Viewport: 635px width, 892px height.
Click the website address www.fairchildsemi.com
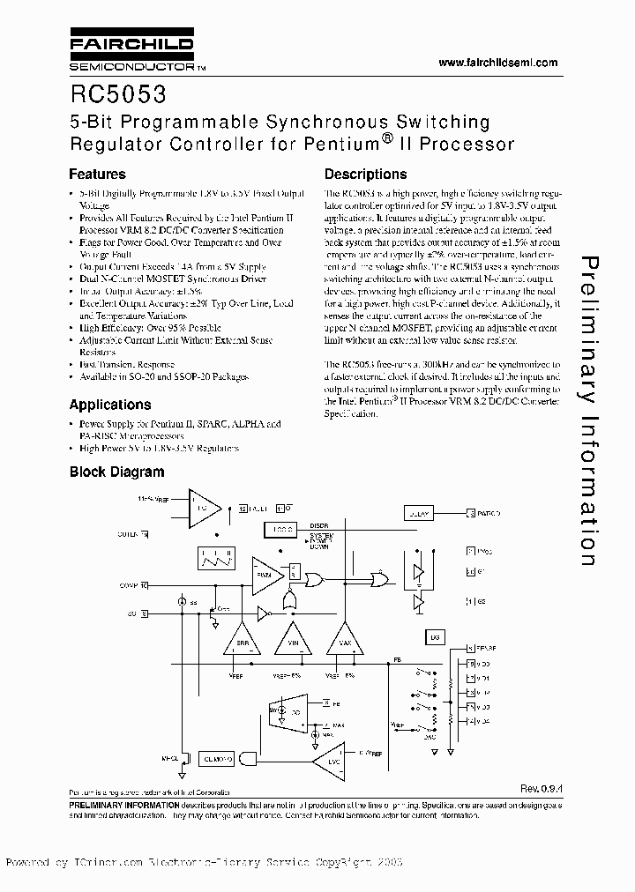(x=497, y=63)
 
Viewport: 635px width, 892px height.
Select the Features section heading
(x=97, y=175)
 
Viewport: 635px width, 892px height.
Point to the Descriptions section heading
(x=365, y=175)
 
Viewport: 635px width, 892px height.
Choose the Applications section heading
(x=110, y=405)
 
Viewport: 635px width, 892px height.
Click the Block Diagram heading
(x=117, y=472)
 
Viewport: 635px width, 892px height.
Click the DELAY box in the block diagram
(x=416, y=512)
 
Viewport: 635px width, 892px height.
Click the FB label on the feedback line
(x=397, y=658)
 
